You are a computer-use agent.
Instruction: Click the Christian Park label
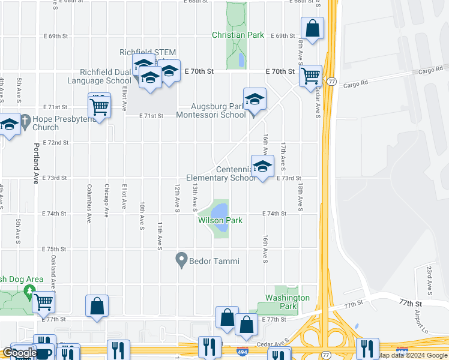point(238,35)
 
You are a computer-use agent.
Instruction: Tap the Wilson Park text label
point(220,221)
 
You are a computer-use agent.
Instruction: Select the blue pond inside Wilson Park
point(220,212)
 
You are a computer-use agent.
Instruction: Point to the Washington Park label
point(288,302)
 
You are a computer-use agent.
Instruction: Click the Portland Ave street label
point(35,163)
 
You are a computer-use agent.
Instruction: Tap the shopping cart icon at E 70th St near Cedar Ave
point(310,76)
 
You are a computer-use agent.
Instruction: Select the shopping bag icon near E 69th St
point(312,28)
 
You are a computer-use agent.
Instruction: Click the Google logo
point(19,353)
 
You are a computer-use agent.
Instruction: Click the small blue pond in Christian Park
point(241,60)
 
